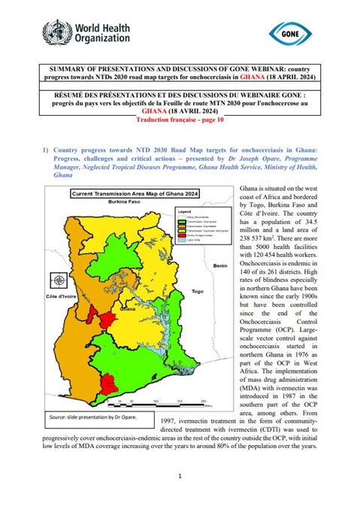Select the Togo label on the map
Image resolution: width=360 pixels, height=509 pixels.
(198, 291)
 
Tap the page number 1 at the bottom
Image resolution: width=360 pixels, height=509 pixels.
(180, 476)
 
